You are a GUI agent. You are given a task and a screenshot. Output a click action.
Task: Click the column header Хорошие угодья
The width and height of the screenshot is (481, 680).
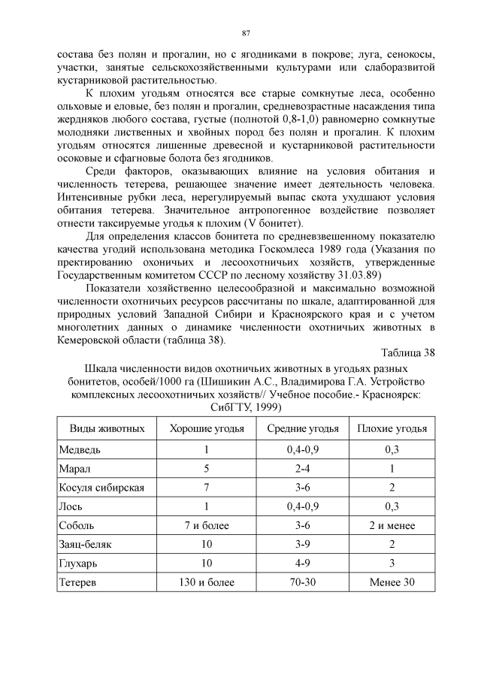[205, 428]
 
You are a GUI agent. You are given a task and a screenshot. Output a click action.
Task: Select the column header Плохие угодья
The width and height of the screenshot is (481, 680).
[392, 428]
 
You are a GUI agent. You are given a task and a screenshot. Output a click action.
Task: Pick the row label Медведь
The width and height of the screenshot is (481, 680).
[79, 449]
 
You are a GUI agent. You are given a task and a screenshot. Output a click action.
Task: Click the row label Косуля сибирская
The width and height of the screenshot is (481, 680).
[101, 487]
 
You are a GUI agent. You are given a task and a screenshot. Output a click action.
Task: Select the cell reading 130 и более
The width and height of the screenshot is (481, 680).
[205, 582]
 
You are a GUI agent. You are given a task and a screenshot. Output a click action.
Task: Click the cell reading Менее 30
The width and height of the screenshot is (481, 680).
[392, 582]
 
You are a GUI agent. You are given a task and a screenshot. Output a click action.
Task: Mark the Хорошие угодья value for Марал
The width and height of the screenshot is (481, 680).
[205, 468]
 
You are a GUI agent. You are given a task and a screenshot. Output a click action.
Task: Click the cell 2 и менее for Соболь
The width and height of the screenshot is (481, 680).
[392, 525]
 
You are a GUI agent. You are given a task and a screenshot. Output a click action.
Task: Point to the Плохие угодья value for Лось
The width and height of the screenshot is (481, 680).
[392, 506]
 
